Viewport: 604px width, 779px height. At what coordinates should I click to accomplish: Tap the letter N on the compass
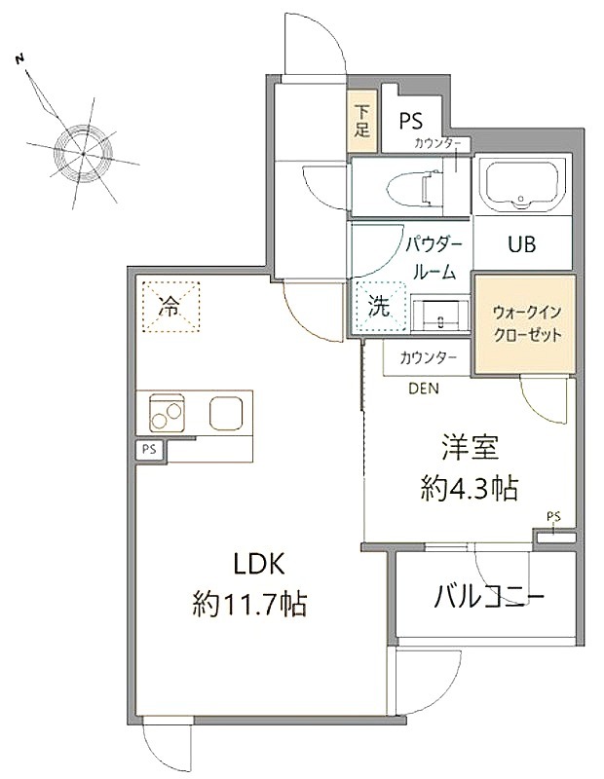(19, 59)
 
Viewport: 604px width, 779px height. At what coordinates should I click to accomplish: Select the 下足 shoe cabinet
(361, 121)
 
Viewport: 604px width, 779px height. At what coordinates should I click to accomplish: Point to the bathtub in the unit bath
(521, 185)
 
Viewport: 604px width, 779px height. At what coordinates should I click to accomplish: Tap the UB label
(522, 244)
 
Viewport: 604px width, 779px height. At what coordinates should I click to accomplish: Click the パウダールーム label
(434, 258)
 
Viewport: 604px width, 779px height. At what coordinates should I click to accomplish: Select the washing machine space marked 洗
(379, 307)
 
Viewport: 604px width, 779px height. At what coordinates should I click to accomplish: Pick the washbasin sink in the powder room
(440, 314)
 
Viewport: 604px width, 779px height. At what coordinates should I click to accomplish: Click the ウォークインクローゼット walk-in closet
(525, 324)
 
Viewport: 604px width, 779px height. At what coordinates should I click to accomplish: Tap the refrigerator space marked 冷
(171, 307)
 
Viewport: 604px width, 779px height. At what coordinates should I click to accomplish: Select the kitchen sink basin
(226, 413)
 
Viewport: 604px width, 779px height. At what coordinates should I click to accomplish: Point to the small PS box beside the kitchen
(150, 450)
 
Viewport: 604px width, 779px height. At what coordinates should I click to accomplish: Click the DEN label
(424, 389)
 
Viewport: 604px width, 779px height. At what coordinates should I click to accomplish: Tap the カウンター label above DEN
(428, 357)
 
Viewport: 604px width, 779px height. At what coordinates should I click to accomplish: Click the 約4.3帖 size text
(470, 488)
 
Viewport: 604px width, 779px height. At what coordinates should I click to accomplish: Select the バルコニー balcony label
(490, 596)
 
